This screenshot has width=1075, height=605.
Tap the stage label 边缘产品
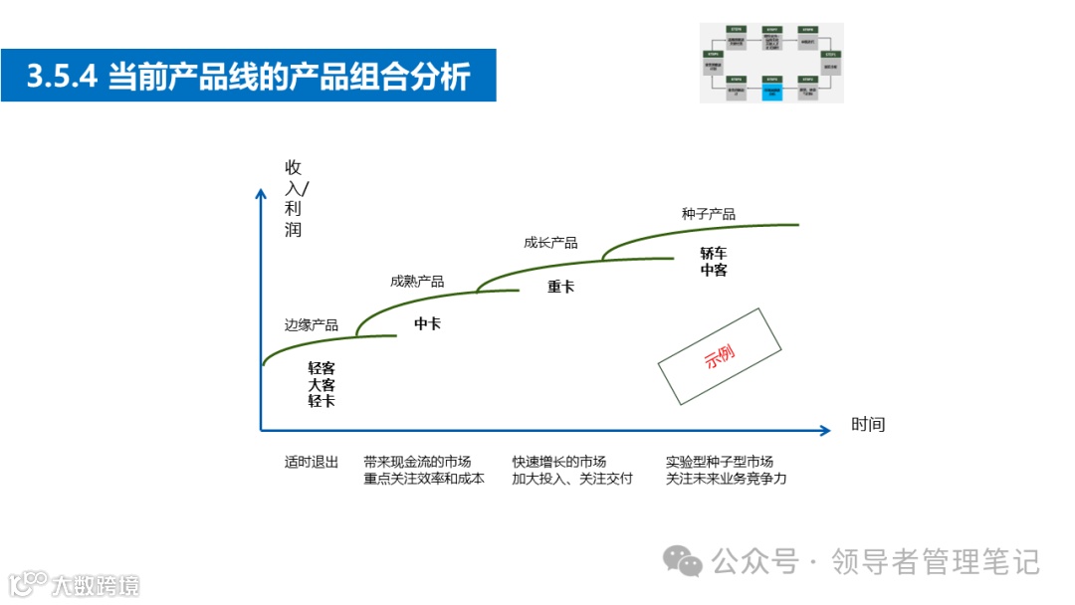[312, 325]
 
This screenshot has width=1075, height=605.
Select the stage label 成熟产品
[417, 282]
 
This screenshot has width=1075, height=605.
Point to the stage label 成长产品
[550, 243]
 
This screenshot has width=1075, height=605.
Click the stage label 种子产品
[709, 214]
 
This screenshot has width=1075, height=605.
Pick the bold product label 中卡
[428, 323]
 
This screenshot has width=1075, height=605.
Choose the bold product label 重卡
[561, 287]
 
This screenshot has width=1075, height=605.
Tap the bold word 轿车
[714, 253]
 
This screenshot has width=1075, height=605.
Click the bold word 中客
[714, 270]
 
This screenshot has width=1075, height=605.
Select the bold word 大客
[322, 384]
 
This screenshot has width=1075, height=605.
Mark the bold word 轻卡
[322, 401]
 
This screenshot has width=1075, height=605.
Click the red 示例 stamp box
[722, 356]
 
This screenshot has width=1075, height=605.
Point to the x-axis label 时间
[868, 425]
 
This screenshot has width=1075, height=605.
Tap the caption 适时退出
[312, 462]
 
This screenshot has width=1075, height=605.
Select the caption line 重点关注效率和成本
[424, 479]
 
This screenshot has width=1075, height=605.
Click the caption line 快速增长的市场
[559, 462]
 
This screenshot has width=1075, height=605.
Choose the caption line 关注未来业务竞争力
[727, 479]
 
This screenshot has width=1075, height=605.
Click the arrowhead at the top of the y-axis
[261, 191]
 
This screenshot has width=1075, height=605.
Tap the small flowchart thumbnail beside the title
[771, 63]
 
